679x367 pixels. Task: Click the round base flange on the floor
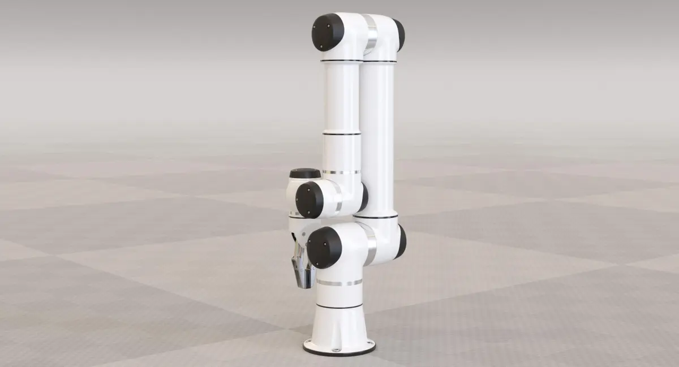339,346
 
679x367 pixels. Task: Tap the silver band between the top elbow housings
371,35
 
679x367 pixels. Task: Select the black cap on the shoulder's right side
401,241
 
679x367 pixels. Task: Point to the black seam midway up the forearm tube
341,134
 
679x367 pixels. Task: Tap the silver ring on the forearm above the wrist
342,171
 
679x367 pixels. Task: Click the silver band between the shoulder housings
369,242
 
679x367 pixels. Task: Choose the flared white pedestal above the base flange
339,325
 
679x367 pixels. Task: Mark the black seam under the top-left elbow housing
341,61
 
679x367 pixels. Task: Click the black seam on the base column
339,306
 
